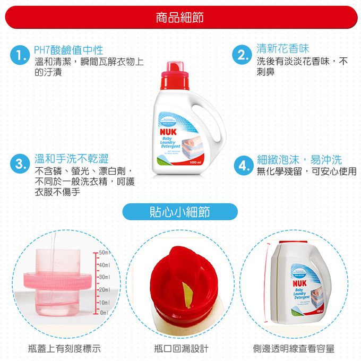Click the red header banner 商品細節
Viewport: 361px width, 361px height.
click(180, 18)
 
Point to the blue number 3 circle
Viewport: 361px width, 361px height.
click(20, 164)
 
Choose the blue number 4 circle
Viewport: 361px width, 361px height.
click(243, 165)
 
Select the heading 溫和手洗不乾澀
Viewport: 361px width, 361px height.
click(71, 159)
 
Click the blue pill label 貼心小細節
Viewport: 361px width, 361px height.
click(180, 212)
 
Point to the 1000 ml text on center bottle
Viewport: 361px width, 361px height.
click(194, 162)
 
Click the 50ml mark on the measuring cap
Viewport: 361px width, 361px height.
click(105, 251)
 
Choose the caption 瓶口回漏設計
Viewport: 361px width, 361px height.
click(180, 349)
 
